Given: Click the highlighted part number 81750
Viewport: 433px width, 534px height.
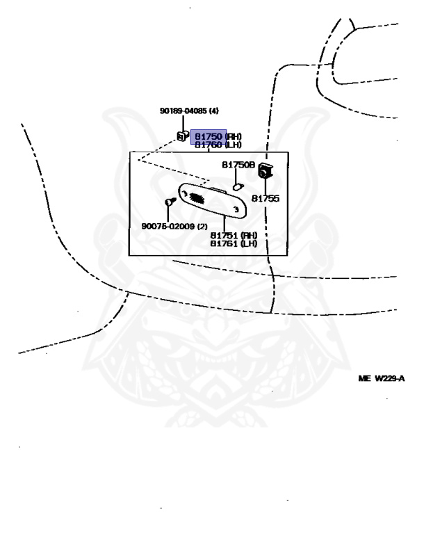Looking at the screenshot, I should [x=208, y=137].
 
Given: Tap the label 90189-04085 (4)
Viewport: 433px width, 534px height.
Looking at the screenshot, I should [x=189, y=111].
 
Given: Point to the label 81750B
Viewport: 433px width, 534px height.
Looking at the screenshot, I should [x=238, y=165].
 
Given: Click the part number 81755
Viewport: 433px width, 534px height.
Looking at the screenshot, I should [x=265, y=198].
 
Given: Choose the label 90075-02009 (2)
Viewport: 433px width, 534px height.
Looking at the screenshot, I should [x=174, y=226].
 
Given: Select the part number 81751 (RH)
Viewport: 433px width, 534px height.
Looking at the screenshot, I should [x=234, y=235].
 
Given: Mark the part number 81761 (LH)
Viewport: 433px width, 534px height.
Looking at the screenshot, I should [x=234, y=243].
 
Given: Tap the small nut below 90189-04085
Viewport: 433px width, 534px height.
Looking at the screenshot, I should [x=183, y=136].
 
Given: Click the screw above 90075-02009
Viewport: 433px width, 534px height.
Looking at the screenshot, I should [x=168, y=202].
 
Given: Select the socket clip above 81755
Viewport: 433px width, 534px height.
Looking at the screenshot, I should [x=265, y=169].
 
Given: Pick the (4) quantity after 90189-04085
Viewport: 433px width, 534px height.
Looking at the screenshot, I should [x=214, y=111].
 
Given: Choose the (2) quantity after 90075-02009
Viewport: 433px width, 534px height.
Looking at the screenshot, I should [x=202, y=226].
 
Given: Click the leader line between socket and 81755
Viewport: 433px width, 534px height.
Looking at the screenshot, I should [x=265, y=185].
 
